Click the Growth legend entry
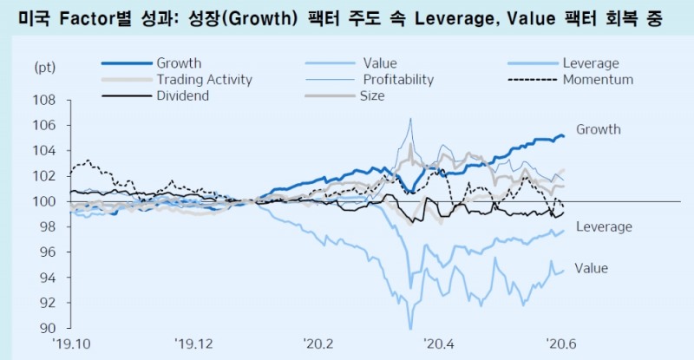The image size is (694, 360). [179, 63]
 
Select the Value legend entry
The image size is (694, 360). [379, 63]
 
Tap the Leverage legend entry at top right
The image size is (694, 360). [590, 63]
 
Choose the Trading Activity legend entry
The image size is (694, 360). [204, 80]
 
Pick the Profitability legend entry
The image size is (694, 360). [398, 80]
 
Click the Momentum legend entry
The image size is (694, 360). [598, 80]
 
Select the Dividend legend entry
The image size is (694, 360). [182, 95]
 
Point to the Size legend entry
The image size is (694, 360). [371, 95]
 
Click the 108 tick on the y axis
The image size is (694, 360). [45, 100]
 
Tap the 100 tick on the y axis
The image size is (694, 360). [45, 201]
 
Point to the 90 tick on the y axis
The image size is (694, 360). [48, 328]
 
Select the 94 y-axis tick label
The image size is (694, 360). [48, 278]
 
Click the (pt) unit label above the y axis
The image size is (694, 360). [44, 67]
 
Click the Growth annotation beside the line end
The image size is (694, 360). [599, 130]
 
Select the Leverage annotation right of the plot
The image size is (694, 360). [604, 227]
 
